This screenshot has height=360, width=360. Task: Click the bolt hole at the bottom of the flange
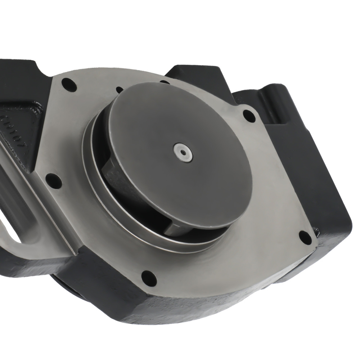click(149, 278)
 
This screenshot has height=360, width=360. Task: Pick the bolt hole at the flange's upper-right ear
click(249, 116)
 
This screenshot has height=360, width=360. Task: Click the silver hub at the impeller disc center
click(183, 152)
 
